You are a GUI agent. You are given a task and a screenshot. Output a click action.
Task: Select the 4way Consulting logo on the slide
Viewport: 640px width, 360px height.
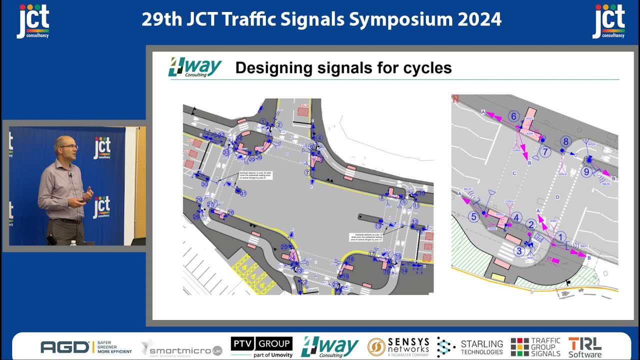pos(195,67)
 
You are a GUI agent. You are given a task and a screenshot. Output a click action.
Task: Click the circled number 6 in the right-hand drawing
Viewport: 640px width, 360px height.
pos(513,116)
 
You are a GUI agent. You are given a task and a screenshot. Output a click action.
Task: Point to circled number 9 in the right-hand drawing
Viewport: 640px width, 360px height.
pos(587,171)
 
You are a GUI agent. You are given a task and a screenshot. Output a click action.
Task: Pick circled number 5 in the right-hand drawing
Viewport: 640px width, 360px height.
pos(473,216)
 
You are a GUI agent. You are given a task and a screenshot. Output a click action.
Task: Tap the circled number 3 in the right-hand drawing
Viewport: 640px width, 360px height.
pos(519,251)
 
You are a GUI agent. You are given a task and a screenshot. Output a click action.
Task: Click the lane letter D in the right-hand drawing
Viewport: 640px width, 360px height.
pos(557,197)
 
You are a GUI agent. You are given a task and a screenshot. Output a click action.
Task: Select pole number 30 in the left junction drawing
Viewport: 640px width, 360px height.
pos(204,184)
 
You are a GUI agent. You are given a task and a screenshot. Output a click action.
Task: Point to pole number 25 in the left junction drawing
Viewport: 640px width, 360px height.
pos(283,247)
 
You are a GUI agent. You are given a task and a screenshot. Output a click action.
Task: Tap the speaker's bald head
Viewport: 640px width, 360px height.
pos(65,142)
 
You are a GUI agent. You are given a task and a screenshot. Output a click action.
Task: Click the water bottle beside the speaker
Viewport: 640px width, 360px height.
pos(73,242)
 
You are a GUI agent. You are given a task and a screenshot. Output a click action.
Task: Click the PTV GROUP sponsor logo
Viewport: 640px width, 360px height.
pos(261,346)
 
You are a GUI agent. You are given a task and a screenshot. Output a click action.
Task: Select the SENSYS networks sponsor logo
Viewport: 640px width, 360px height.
pos(398,346)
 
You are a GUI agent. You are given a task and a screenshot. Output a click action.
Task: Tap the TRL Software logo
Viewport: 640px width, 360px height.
pos(584,346)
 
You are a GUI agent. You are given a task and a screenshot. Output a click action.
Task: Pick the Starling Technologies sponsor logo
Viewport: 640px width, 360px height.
pos(470,346)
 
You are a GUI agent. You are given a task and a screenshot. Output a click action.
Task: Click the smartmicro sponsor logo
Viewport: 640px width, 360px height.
pos(181,347)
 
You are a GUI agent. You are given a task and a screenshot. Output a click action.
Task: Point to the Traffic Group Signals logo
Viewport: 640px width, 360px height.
pos(535,346)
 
